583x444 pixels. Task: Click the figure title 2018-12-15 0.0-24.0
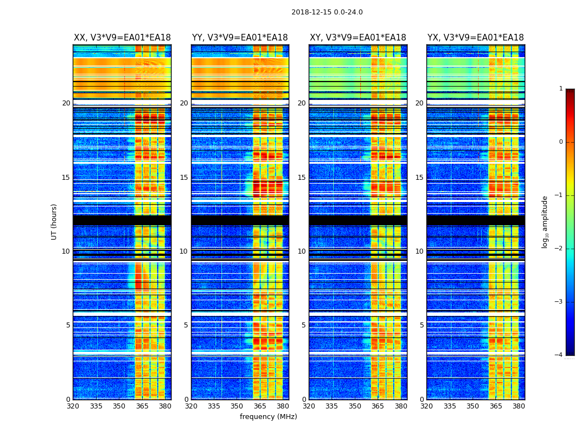[x=327, y=12]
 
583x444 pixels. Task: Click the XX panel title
[x=122, y=38]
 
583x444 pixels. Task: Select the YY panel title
[x=240, y=38]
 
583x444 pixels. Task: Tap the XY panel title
[x=358, y=38]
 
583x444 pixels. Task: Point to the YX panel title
[x=475, y=38]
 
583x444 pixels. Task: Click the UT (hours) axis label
[x=54, y=221]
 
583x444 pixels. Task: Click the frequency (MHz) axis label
[x=268, y=417]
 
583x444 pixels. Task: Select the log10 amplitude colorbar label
[x=545, y=221]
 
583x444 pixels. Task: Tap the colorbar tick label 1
[x=561, y=89]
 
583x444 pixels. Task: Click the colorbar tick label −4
[x=559, y=355]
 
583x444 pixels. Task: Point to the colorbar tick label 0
[x=561, y=142]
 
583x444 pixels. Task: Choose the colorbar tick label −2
[x=559, y=249]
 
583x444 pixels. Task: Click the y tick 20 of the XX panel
[x=66, y=103]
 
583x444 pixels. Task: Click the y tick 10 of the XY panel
[x=301, y=251]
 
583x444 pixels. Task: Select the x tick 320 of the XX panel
[x=73, y=406]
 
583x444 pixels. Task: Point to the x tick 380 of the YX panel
[x=519, y=406]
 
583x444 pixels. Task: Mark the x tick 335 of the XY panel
[x=331, y=406]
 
